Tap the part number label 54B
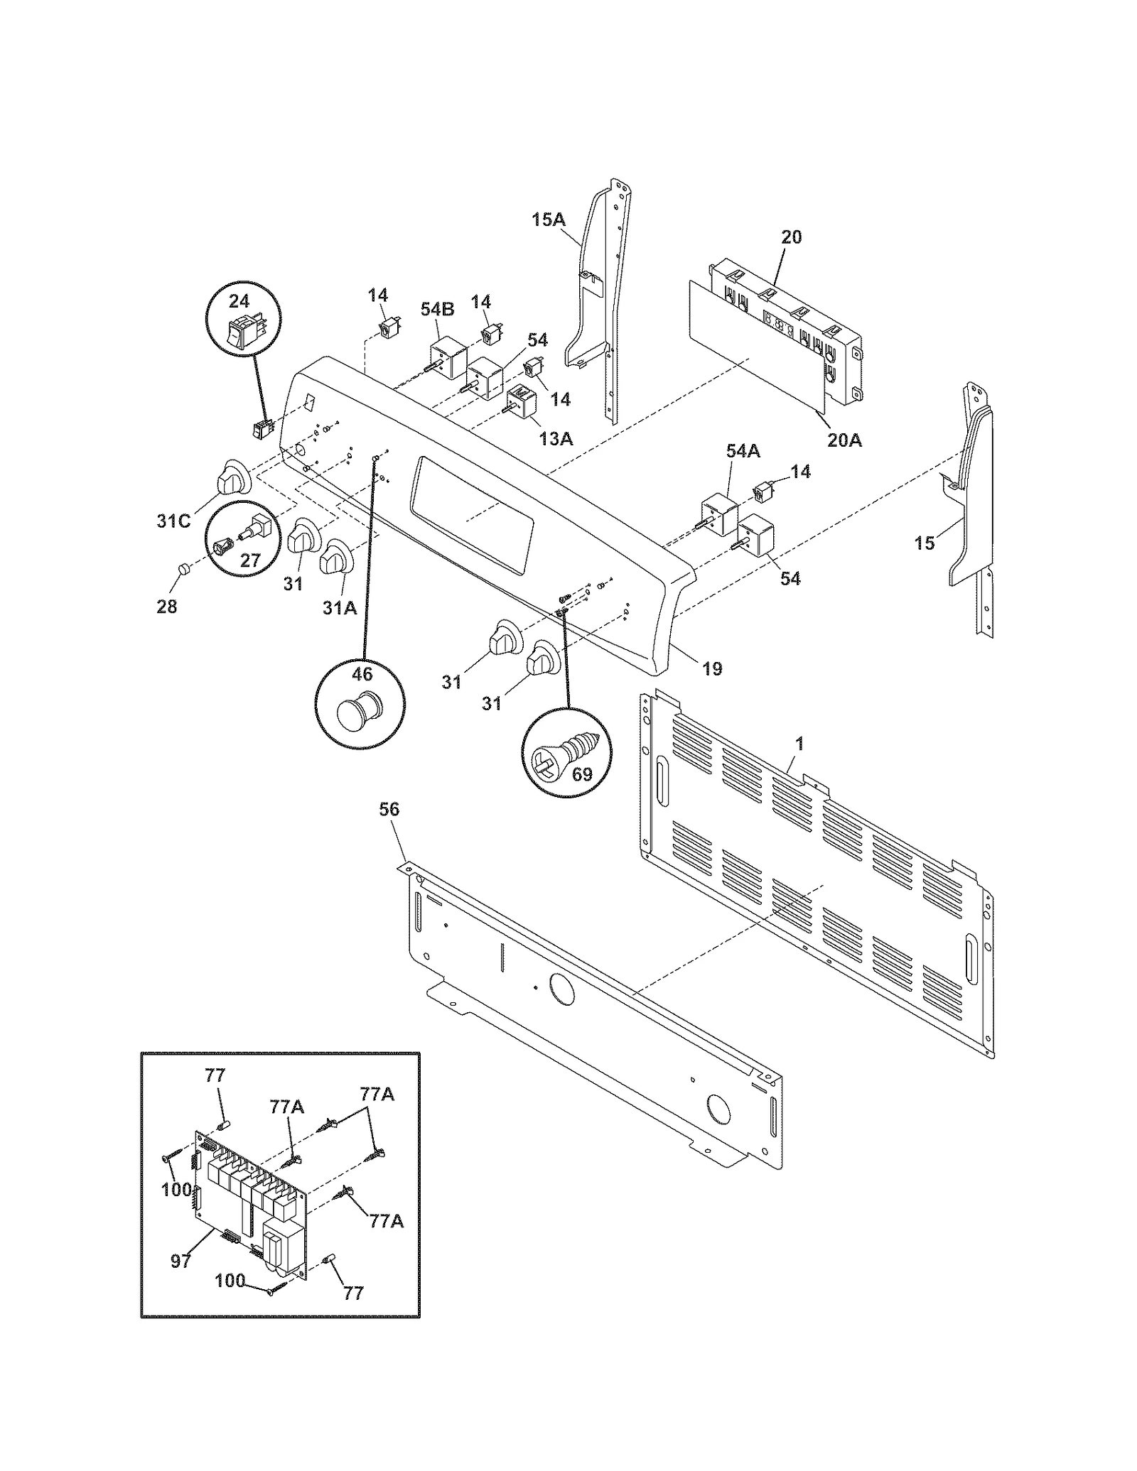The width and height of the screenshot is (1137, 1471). tap(442, 310)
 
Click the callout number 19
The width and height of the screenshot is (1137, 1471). tap(711, 668)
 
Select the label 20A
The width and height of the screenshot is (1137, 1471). tap(844, 440)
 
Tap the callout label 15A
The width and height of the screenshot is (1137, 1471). tap(548, 219)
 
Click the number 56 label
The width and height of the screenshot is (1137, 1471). tap(389, 809)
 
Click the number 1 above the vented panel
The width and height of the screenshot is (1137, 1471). tap(799, 744)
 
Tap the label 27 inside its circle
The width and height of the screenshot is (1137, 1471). tap(249, 560)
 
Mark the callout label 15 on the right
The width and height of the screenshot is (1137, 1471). tap(924, 543)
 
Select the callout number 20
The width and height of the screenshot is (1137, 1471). tap(791, 237)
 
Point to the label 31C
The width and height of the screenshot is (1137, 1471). tap(173, 521)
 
